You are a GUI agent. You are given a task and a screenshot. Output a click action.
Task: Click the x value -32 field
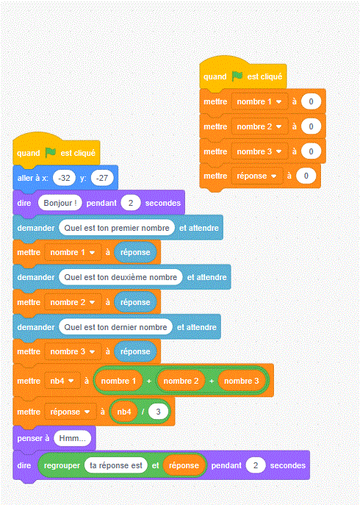pos(64,178)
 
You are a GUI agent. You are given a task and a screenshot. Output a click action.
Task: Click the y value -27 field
pos(102,178)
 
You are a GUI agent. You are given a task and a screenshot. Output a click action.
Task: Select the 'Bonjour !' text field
pos(60,203)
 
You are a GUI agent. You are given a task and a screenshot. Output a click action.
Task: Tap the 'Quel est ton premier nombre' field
pos(117,228)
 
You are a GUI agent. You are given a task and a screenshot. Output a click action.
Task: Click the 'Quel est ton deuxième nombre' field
pos(120,277)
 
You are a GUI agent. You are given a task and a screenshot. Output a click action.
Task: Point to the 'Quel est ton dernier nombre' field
pos(115,327)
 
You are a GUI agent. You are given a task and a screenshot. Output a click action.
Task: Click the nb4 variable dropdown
pos(62,381)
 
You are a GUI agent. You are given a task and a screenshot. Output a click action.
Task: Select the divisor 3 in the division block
pos(158,412)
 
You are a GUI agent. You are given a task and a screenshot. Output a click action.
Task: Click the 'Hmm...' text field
pos(73,438)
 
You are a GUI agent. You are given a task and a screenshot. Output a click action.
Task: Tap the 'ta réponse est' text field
pos(116,465)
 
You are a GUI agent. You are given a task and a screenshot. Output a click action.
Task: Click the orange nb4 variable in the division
pos(124,412)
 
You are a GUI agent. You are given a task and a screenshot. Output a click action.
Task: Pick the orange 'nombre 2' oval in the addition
pos(181,381)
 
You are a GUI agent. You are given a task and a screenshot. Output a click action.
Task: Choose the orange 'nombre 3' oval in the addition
pos(242,381)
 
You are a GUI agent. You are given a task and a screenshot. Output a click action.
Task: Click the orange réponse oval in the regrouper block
pos(184,465)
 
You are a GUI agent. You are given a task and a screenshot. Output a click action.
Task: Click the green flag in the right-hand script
pos(237,76)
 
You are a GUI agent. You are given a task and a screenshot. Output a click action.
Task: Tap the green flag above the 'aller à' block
pos(51,152)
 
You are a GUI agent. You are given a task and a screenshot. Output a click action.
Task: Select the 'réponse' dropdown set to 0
pos(256,176)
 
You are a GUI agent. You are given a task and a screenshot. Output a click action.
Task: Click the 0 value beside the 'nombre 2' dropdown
pos(311,126)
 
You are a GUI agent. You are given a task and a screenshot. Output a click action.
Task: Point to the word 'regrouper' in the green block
pos(62,466)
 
